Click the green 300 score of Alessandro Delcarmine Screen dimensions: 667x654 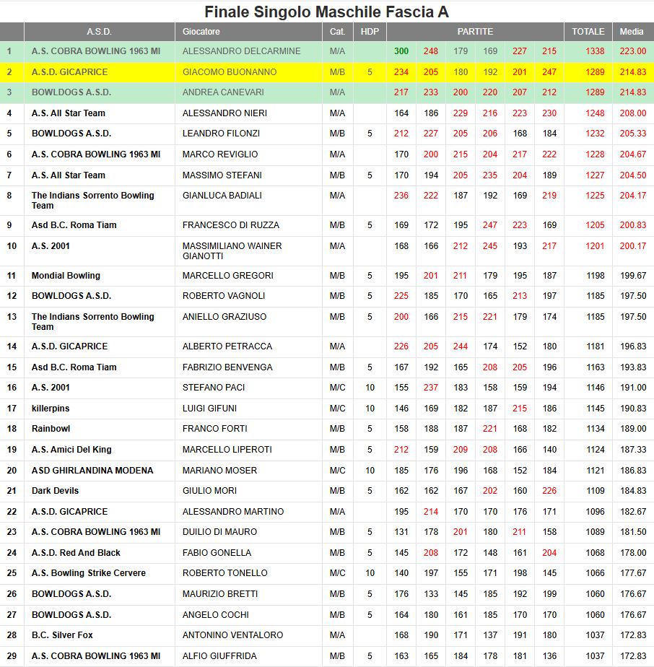(x=401, y=51)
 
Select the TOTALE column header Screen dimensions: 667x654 (x=588, y=32)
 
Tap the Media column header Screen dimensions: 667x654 (x=632, y=32)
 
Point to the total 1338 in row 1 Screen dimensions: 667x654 (x=596, y=51)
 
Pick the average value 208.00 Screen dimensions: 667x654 (x=633, y=113)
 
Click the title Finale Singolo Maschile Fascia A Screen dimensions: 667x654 (x=326, y=12)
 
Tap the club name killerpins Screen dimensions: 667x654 (x=51, y=409)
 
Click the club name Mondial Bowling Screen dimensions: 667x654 (x=66, y=276)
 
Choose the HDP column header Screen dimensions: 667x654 (x=370, y=32)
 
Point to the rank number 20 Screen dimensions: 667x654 (x=12, y=471)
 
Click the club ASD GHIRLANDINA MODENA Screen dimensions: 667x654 (x=92, y=471)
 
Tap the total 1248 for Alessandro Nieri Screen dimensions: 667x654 (x=596, y=113)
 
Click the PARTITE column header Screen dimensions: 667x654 (x=475, y=32)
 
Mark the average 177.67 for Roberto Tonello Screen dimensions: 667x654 (x=633, y=573)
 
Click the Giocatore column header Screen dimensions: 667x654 (x=201, y=32)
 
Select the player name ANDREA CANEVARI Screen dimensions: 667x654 (x=223, y=92)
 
